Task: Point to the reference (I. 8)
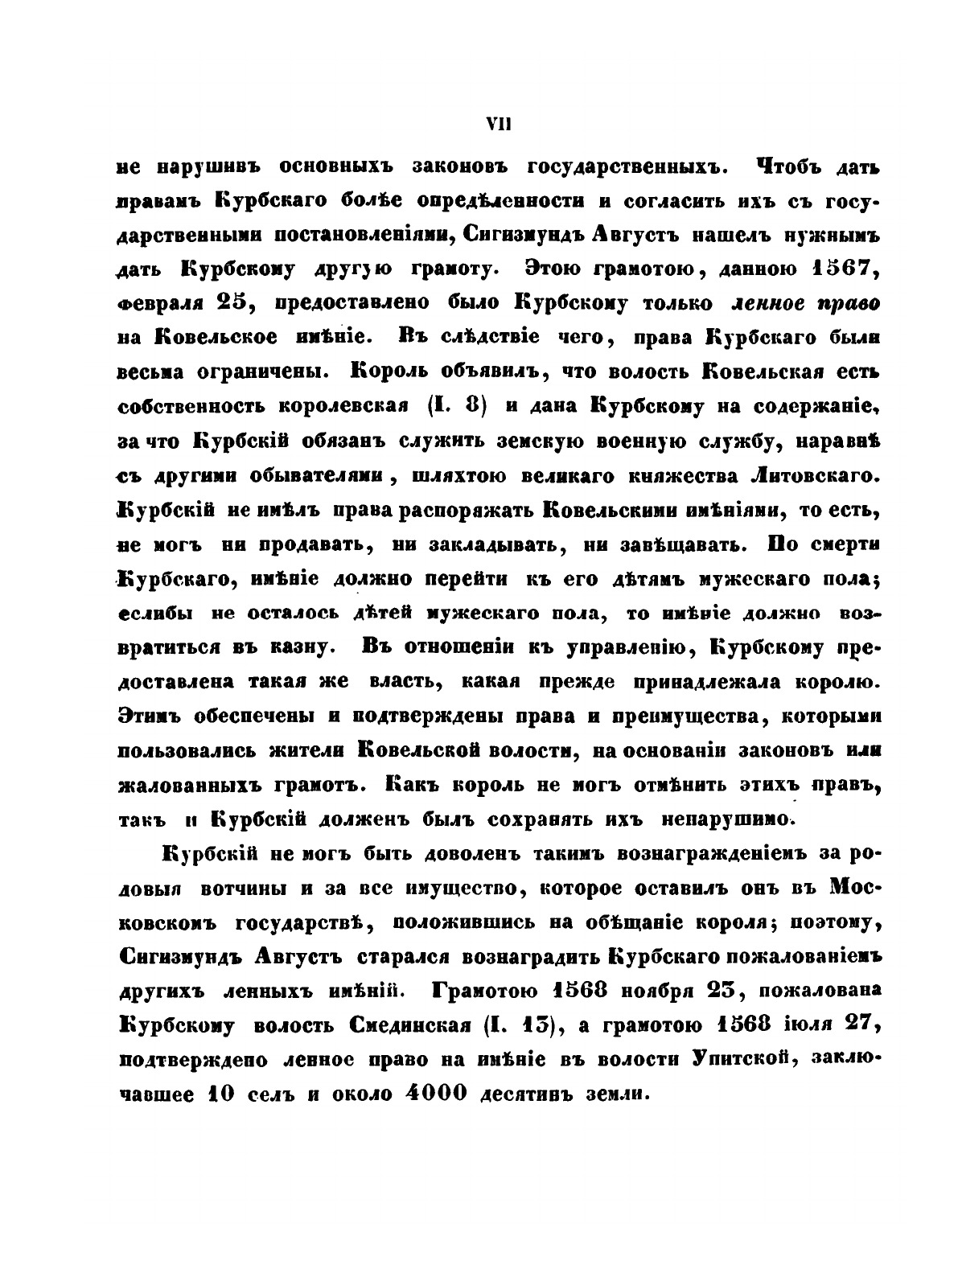(458, 406)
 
